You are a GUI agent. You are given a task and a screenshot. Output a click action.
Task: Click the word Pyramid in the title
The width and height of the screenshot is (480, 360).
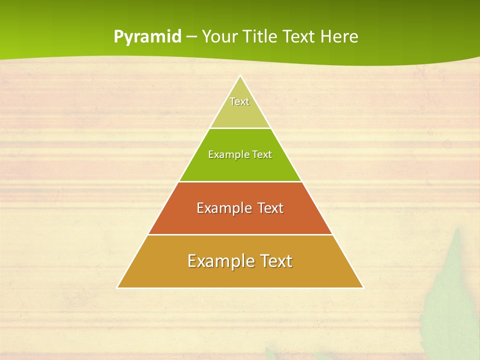point(147,36)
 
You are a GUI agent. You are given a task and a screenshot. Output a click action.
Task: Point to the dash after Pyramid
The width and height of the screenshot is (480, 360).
point(191,37)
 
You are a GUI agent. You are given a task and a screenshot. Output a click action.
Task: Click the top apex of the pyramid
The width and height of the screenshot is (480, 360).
point(240,76)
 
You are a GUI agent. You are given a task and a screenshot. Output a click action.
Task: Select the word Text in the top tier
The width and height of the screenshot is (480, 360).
point(239,101)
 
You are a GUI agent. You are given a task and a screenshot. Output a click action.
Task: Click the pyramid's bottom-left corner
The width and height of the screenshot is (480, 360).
point(117,287)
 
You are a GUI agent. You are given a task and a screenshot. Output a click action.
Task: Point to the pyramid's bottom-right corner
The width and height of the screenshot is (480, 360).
point(363,287)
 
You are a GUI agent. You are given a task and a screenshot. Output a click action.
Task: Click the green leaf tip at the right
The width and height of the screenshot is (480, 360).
point(457,231)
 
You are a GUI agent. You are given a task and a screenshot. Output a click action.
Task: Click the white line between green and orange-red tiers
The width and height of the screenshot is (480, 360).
point(240,181)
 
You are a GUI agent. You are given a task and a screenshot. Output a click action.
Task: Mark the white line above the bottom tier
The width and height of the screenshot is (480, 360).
point(240,234)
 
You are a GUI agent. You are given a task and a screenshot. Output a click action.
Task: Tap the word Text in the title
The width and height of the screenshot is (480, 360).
point(300,36)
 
